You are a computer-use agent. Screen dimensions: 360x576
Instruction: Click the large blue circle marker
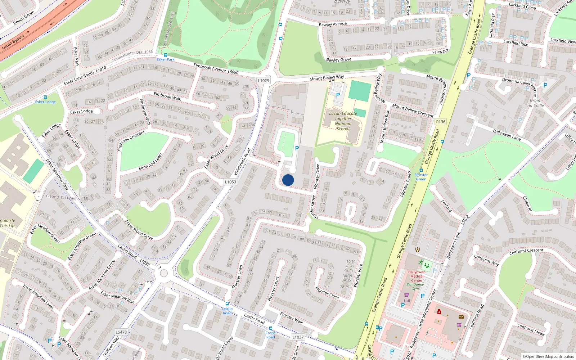click(x=288, y=180)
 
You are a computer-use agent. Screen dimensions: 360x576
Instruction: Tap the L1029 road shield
click(x=264, y=81)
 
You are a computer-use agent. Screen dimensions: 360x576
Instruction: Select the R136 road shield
click(x=441, y=122)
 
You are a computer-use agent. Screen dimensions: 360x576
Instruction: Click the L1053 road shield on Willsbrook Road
click(x=230, y=182)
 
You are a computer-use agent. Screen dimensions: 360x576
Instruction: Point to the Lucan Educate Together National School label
click(x=343, y=121)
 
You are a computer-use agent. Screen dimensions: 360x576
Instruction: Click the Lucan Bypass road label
click(x=13, y=42)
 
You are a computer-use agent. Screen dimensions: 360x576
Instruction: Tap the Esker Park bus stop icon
click(x=166, y=55)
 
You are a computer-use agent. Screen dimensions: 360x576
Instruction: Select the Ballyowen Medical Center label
click(x=417, y=276)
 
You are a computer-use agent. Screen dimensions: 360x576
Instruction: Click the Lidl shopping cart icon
click(x=407, y=295)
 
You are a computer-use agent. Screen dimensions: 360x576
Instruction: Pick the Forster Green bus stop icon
click(x=421, y=170)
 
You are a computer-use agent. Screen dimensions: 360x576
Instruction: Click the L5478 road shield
click(x=121, y=332)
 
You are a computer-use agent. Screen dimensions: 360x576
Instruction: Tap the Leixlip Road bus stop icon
click(x=227, y=304)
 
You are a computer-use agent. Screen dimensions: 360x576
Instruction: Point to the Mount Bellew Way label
click(x=327, y=78)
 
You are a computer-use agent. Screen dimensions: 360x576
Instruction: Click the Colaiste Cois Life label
click(x=8, y=223)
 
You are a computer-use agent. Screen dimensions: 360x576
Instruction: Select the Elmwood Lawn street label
click(x=150, y=162)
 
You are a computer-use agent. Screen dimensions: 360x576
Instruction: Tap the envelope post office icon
click(x=461, y=317)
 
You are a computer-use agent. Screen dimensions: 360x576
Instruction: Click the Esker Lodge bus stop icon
click(x=45, y=97)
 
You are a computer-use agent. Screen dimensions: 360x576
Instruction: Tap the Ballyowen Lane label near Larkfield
click(x=507, y=135)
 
